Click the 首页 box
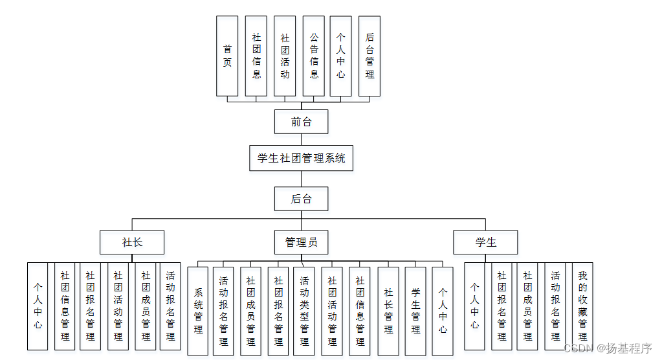click(227, 56)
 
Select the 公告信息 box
click(314, 56)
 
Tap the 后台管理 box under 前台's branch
click(370, 56)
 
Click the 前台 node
click(301, 122)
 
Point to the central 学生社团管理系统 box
click(301, 158)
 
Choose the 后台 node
click(301, 199)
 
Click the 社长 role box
click(132, 242)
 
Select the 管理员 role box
click(301, 242)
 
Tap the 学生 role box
click(485, 242)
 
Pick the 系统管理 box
click(198, 311)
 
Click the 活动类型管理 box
click(304, 311)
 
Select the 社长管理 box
click(388, 311)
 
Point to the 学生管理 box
click(415, 311)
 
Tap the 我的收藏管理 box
click(582, 306)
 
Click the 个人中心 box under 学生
click(474, 306)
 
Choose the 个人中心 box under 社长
click(38, 306)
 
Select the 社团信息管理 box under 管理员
click(360, 311)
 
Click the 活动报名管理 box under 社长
click(170, 306)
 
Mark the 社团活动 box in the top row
click(285, 56)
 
